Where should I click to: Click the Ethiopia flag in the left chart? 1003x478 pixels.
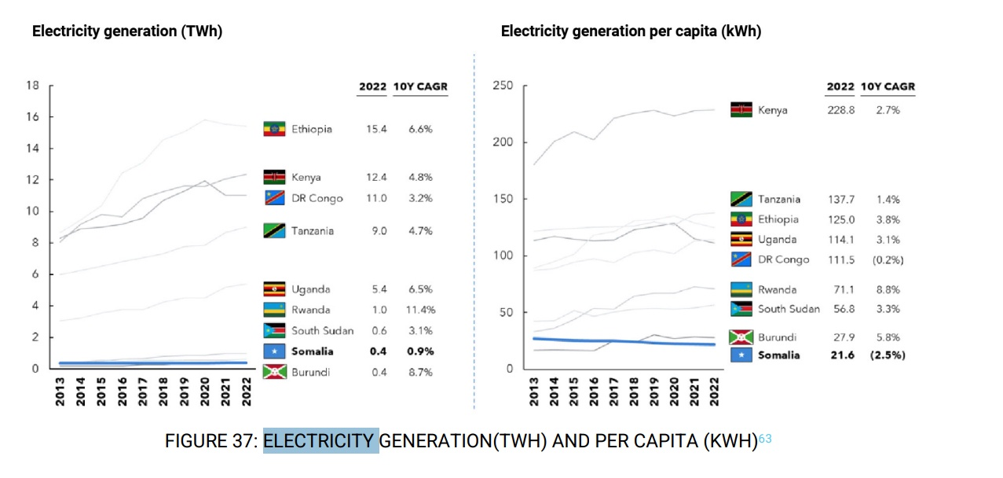[x=274, y=129]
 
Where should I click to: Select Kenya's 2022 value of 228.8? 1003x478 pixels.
[x=840, y=110]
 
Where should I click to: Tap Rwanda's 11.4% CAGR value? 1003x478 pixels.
[x=421, y=310]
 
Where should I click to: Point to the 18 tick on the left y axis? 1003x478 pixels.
[x=34, y=85]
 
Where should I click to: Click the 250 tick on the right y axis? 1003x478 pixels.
[x=503, y=86]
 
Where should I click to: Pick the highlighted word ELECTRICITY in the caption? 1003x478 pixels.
[x=320, y=441]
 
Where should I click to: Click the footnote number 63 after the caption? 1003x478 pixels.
[x=765, y=439]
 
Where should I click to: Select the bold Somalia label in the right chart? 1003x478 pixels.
[x=778, y=355]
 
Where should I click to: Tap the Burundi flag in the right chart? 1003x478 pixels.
[x=741, y=337]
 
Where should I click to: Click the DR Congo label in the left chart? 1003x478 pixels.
[x=317, y=198]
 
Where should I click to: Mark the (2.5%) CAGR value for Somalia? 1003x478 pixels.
[x=888, y=355]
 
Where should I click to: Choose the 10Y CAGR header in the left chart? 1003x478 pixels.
[x=420, y=86]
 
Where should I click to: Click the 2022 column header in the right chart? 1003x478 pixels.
[x=840, y=86]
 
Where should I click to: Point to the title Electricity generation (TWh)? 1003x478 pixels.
[x=127, y=31]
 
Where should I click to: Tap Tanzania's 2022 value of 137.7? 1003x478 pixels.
[x=840, y=200]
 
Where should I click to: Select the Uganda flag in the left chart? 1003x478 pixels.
[x=274, y=289]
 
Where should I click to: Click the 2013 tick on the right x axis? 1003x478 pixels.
[x=535, y=391]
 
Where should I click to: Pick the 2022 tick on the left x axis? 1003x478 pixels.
[x=247, y=391]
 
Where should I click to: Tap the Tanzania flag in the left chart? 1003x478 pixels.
[x=274, y=230]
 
